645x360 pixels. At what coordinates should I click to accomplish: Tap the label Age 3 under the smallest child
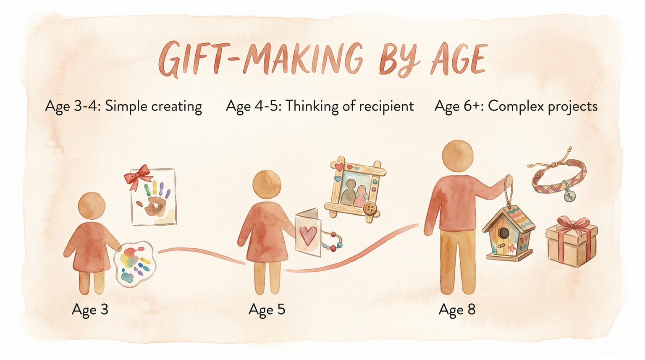90,310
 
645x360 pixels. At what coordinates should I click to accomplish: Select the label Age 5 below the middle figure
267,310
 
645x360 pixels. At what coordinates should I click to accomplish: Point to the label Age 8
457,310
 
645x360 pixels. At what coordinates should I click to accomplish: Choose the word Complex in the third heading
511,106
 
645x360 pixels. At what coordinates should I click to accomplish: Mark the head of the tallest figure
458,155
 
